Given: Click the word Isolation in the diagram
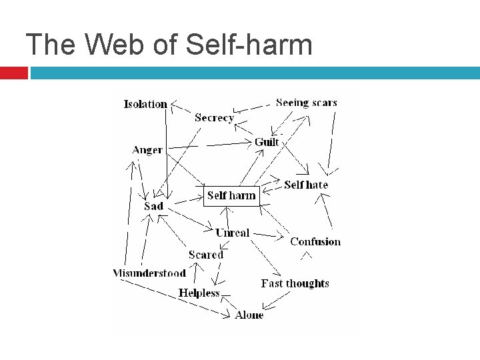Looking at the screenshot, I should click(x=145, y=104).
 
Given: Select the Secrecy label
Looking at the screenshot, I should click(x=214, y=118).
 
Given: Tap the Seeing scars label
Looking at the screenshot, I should click(x=306, y=103).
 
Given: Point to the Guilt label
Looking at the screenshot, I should click(x=267, y=142).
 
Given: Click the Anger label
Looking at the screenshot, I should click(x=147, y=150).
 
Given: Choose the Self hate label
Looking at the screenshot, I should click(x=306, y=185).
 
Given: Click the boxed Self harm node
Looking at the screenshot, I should click(x=231, y=195).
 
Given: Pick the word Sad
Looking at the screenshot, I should click(x=153, y=207).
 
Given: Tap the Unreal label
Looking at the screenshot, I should click(x=232, y=233).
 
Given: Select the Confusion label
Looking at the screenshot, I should click(x=315, y=241).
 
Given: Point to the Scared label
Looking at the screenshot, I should click(x=205, y=255).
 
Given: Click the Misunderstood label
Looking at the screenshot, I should click(x=149, y=273).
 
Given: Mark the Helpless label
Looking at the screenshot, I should click(x=199, y=293).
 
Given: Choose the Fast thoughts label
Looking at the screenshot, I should click(x=295, y=283).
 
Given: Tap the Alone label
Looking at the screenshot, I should click(x=249, y=315).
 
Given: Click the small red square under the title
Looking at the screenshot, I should click(x=13, y=73).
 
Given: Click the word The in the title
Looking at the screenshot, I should click(x=44, y=45).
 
